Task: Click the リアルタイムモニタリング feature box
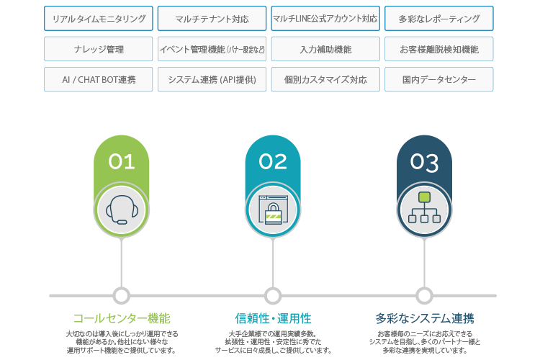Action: (99, 19)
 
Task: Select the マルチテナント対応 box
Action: (212, 19)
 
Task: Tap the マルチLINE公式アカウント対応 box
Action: (325, 19)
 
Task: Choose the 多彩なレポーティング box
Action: (439, 19)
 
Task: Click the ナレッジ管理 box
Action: (99, 49)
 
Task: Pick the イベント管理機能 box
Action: (212, 49)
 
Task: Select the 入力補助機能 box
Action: (325, 49)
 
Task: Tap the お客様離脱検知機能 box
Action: (439, 49)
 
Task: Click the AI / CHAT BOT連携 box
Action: (99, 79)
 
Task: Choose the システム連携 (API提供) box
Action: (212, 79)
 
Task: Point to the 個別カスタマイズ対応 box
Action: (325, 79)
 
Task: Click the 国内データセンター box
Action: (439, 79)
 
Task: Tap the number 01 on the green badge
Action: (122, 161)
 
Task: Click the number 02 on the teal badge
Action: (273, 161)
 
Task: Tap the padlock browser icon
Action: (273, 210)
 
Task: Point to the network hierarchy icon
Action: (424, 209)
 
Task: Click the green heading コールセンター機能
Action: (122, 318)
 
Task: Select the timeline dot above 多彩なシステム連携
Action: (424, 295)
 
